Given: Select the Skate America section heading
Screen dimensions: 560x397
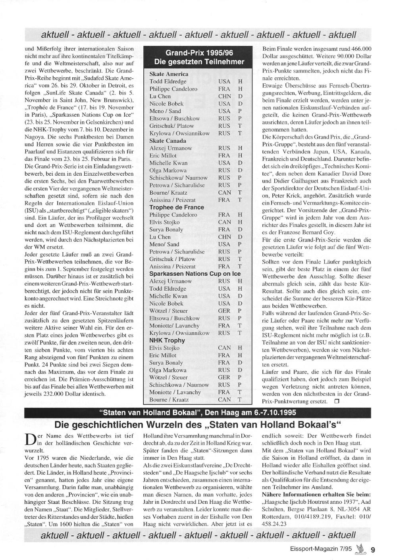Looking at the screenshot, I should click(169, 74).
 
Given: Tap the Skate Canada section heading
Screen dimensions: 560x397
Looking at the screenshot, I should click(168, 140).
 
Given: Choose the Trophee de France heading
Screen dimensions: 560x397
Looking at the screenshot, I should click(177, 207).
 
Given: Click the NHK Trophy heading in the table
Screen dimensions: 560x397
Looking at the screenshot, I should click(167, 340).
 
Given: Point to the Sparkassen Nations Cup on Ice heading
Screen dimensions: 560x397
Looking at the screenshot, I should click(195, 274).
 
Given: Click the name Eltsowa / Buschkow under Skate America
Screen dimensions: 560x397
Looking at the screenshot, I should click(174, 118).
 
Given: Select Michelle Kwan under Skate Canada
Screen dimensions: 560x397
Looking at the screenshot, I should click(168, 163).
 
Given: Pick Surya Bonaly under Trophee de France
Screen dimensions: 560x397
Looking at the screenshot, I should click(166, 229).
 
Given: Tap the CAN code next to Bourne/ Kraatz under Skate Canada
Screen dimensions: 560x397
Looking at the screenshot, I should click(224, 192).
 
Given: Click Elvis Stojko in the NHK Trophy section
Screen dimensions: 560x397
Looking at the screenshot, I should click(164, 348).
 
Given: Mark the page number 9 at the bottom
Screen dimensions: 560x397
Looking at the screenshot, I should click(373, 550).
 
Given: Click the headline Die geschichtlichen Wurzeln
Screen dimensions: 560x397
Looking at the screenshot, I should click(198, 425).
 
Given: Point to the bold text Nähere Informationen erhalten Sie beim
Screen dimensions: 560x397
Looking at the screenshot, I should click(316, 494).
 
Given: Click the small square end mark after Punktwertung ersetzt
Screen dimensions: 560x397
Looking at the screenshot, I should click(337, 401).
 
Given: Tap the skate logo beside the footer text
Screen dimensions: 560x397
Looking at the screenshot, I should click(360, 549).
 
